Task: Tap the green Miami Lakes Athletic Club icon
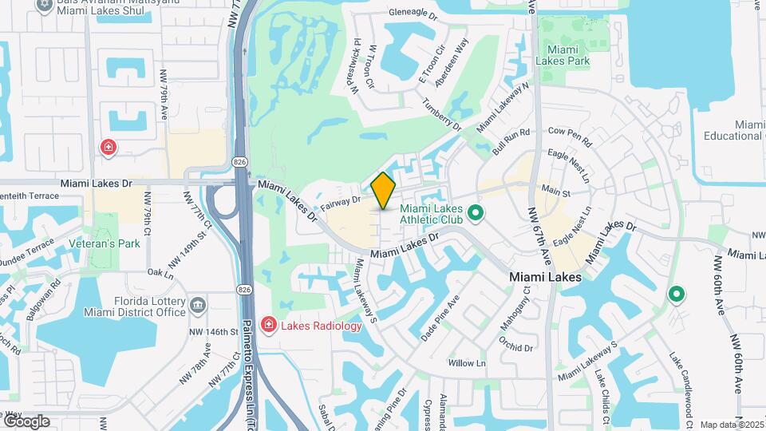(x=476, y=213)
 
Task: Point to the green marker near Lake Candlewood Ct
(x=677, y=295)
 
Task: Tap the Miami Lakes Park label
(x=567, y=55)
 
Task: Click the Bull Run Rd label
(x=511, y=142)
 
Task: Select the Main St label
(x=556, y=192)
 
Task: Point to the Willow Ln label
(x=467, y=363)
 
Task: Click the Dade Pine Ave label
(x=440, y=319)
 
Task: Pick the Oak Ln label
(x=160, y=273)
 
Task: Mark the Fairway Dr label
(x=342, y=204)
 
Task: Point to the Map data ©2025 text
(x=732, y=425)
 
